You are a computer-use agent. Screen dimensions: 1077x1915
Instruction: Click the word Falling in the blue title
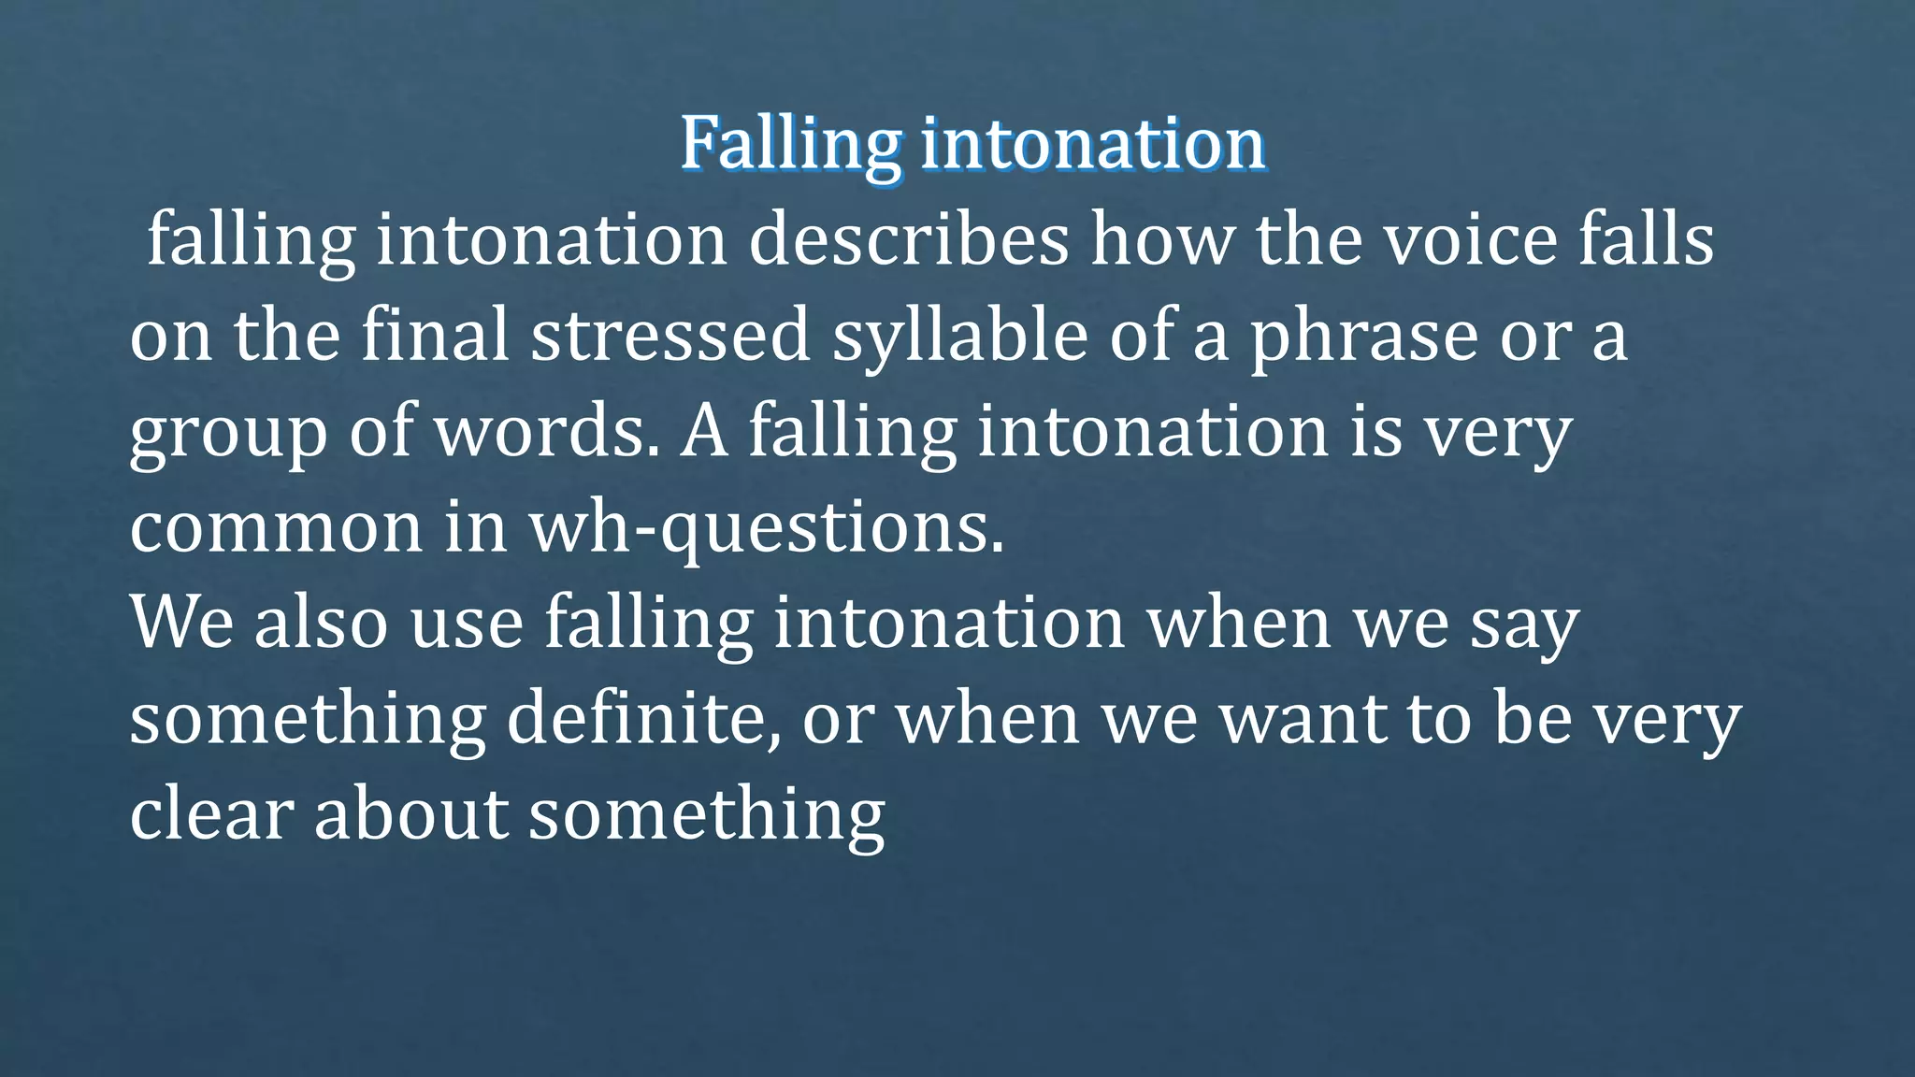tap(791, 144)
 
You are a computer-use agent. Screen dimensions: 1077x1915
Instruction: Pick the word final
tap(435, 336)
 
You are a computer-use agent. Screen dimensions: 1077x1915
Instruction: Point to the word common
tap(276, 529)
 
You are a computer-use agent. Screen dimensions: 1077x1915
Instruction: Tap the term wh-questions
tap(766, 529)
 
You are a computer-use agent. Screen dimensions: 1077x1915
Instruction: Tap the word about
tap(410, 814)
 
